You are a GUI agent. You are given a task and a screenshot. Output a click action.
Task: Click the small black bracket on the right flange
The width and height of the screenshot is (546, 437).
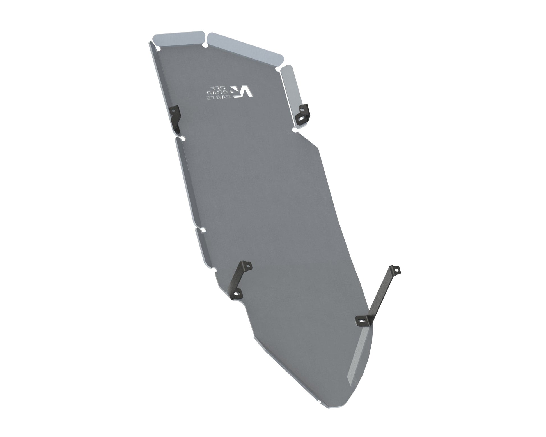pos(303,114)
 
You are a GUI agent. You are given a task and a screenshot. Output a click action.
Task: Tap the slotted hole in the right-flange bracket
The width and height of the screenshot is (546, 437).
pos(301,120)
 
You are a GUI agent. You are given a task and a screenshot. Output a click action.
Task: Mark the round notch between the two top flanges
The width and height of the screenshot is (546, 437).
pos(205,45)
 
